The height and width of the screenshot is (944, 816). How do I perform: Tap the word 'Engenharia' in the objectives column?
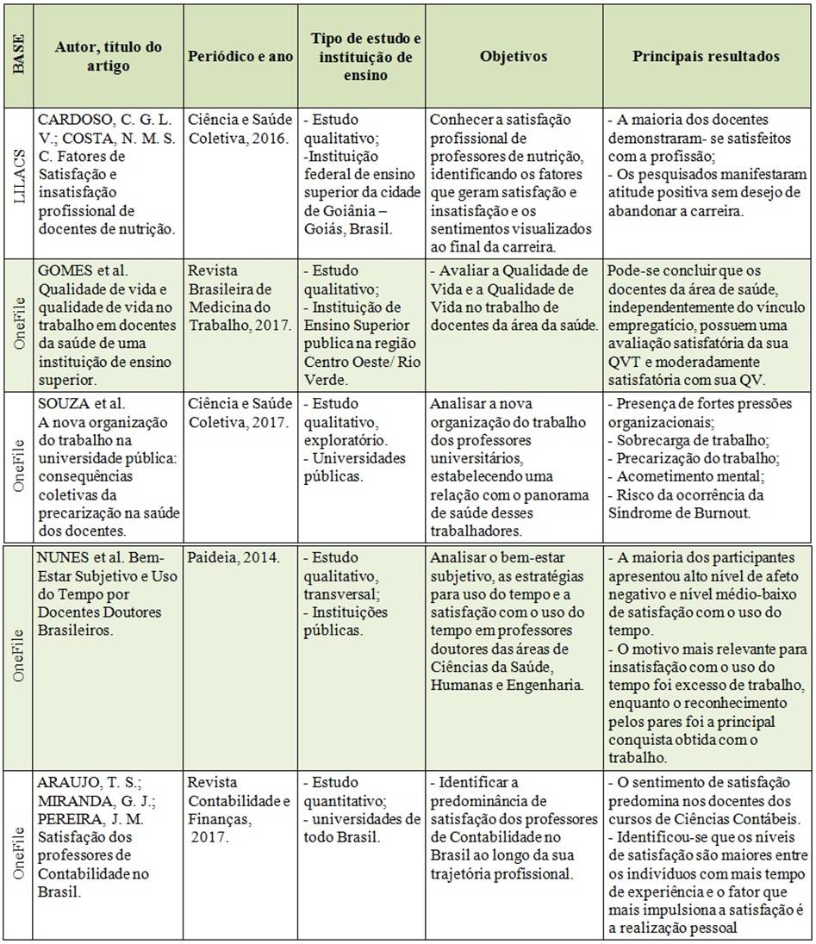tap(535, 685)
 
